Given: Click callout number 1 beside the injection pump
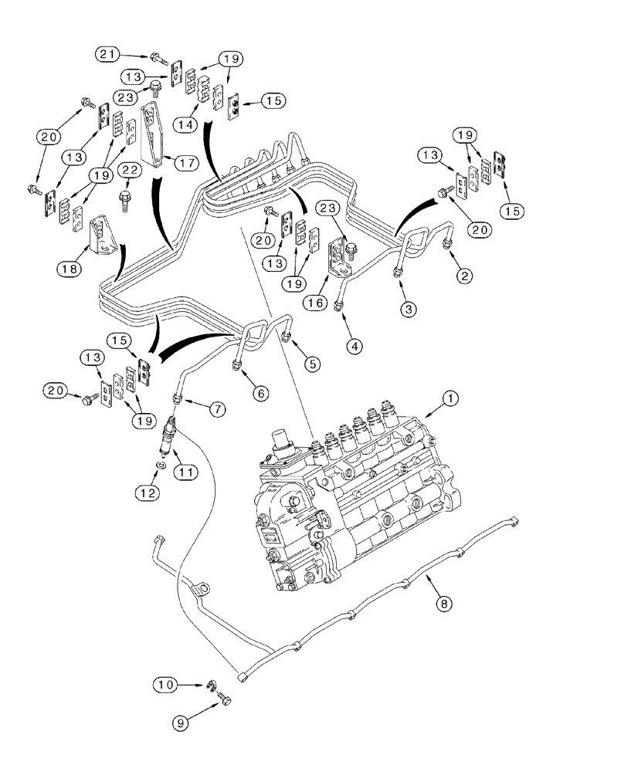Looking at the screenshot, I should pyautogui.click(x=450, y=400).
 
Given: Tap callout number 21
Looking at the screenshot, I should pyautogui.click(x=109, y=54).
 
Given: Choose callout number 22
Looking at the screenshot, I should pyautogui.click(x=129, y=170).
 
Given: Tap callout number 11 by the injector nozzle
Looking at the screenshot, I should pyautogui.click(x=185, y=471).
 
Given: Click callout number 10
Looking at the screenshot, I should pyautogui.click(x=166, y=684).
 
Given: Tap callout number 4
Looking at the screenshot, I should pyautogui.click(x=352, y=347).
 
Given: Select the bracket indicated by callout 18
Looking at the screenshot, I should pyautogui.click(x=101, y=235).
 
